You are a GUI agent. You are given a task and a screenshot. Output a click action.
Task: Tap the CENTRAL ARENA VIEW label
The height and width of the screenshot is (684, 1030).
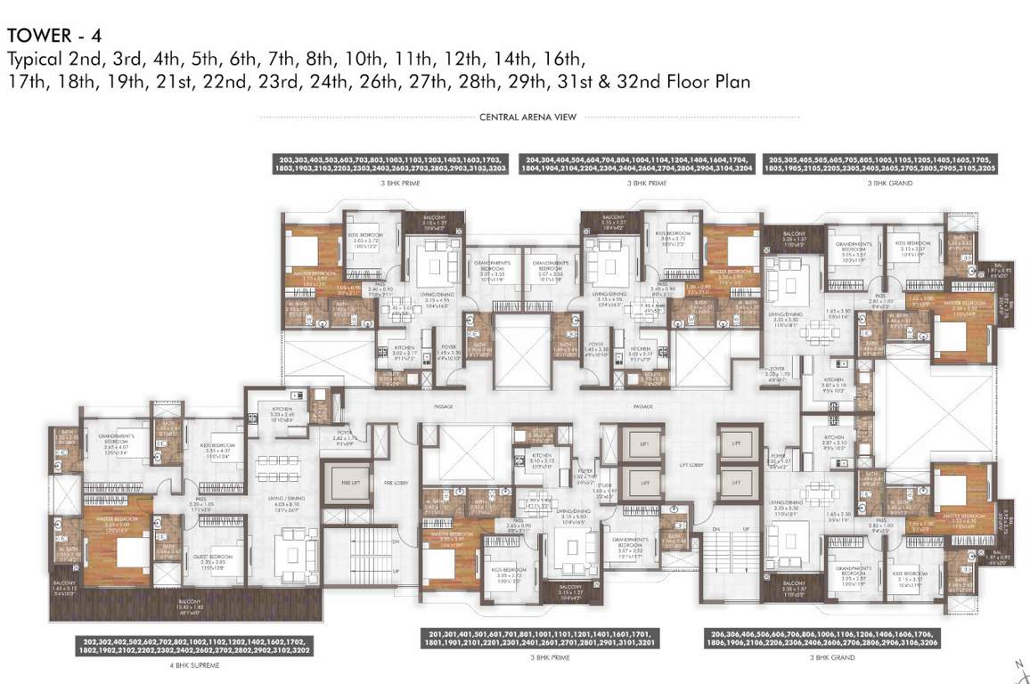click(x=527, y=117)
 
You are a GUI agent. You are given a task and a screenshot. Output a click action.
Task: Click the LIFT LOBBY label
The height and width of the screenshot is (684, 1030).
click(x=687, y=465)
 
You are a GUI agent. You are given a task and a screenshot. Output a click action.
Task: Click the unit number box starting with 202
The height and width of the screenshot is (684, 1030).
click(x=195, y=646)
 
